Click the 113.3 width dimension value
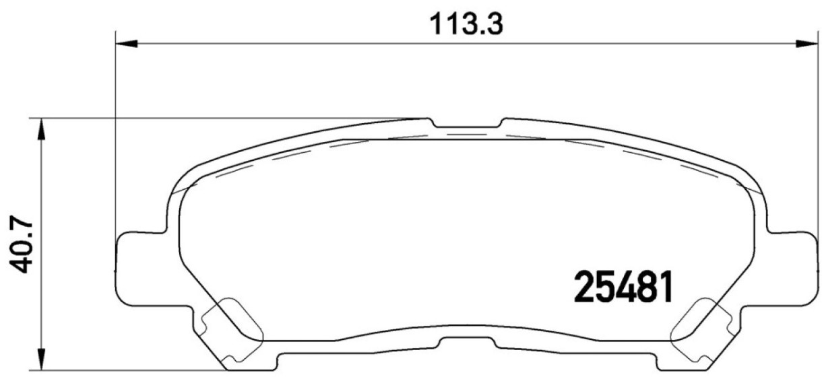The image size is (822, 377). click(466, 24)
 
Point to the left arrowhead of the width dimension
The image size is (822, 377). click(127, 44)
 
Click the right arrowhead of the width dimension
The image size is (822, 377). click(807, 44)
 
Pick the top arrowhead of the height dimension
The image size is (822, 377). click(42, 129)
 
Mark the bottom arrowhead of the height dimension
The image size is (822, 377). click(42, 359)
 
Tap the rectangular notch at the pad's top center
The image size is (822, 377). click(466, 124)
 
